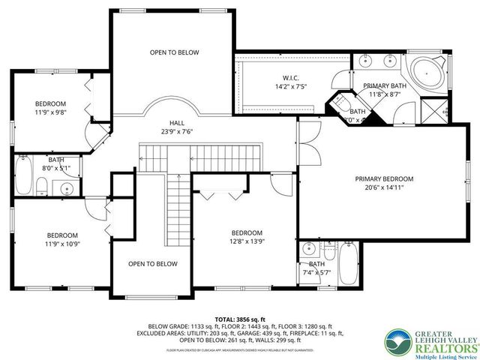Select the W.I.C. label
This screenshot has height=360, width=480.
coord(291,77)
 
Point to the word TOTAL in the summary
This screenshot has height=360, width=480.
coord(227,319)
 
